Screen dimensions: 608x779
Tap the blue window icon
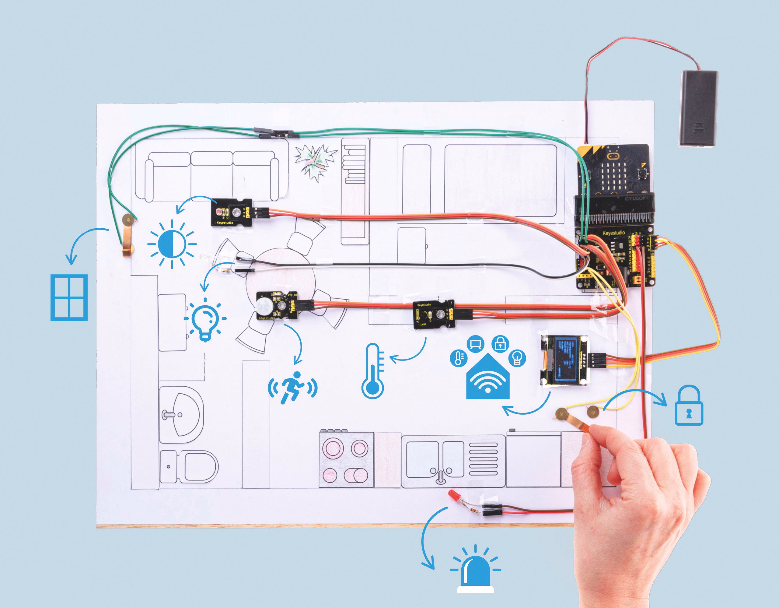coord(69,297)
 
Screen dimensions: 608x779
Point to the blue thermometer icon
coord(373,371)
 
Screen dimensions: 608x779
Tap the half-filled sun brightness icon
coord(172,244)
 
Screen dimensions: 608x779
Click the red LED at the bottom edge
coord(453,494)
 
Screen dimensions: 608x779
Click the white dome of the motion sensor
coord(263,305)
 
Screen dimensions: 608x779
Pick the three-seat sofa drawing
coord(211,175)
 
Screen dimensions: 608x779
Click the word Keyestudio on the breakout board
coord(613,233)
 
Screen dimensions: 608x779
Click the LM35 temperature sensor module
coord(433,314)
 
